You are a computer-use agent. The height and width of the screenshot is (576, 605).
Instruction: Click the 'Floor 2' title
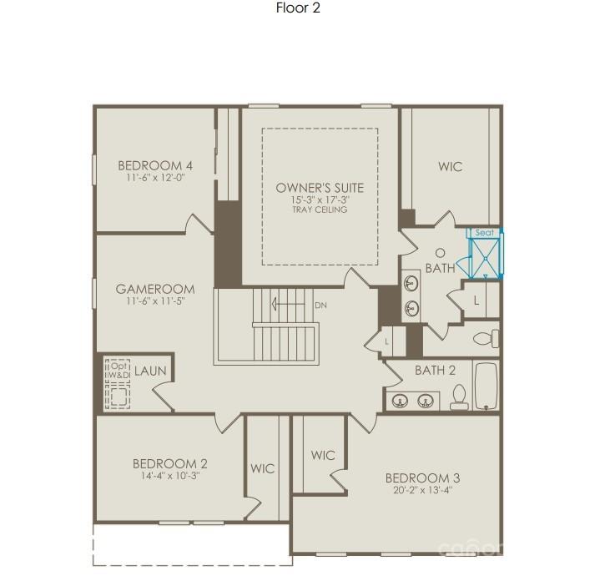(x=298, y=8)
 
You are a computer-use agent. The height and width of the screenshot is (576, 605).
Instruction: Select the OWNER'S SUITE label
(x=320, y=188)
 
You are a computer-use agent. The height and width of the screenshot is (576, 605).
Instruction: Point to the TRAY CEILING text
(x=320, y=210)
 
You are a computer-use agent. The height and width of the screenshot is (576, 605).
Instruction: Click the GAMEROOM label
(x=155, y=290)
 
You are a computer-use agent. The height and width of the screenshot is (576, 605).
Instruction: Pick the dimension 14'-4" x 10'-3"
(x=169, y=476)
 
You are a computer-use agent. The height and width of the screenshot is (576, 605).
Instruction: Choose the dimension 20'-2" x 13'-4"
(x=422, y=490)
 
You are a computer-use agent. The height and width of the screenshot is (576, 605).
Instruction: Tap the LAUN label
(x=150, y=371)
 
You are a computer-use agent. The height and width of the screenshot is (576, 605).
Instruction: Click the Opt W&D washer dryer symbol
(x=116, y=385)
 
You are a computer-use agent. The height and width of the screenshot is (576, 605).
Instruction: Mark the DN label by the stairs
(x=320, y=305)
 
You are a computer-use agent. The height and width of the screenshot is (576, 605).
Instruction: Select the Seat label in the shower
(x=484, y=233)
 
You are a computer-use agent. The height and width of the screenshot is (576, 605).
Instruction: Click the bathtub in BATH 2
(x=486, y=386)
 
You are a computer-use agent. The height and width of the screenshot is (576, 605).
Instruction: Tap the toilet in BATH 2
(x=458, y=397)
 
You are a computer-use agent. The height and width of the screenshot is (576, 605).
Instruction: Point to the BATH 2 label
(x=435, y=370)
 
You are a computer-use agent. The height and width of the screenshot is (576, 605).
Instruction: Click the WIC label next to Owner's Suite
(x=450, y=167)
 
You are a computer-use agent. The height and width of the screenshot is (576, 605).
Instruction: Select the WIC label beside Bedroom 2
(x=262, y=469)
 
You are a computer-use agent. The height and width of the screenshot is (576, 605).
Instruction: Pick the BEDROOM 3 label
(x=422, y=477)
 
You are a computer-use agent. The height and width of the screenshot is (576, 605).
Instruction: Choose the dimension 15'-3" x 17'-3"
(x=320, y=200)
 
